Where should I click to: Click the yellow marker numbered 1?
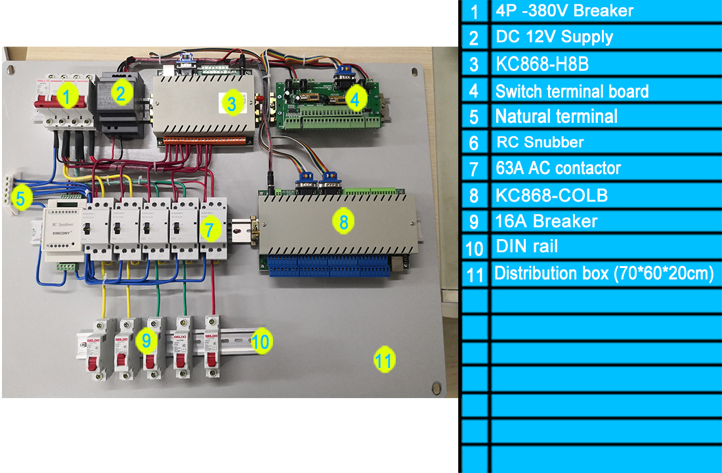coord(67,97)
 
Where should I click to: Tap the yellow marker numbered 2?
coord(119,93)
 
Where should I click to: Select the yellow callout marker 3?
coord(231,102)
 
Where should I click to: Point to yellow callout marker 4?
coord(354,99)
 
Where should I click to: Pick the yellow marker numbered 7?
coord(209,229)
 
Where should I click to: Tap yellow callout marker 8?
coord(343,221)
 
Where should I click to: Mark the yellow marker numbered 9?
coord(146,340)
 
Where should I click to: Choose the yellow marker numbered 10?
coord(261,341)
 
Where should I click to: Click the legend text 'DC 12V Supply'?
coord(554,37)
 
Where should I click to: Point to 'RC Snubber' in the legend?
coord(540,142)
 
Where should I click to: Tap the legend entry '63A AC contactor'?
coord(558,168)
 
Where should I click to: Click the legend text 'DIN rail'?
coord(527,247)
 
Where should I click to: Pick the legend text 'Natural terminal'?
coord(556,116)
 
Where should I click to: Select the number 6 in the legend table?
coord(474,143)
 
